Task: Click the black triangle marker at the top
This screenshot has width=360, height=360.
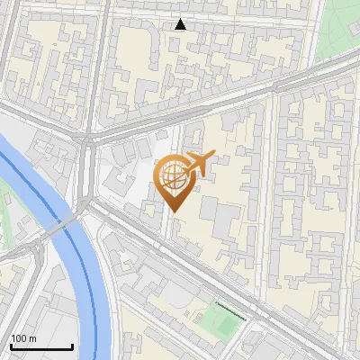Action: pyautogui.click(x=181, y=24)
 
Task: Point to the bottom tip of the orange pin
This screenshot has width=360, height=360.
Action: pyautogui.click(x=172, y=211)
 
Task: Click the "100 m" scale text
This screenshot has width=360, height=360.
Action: pyautogui.click(x=23, y=338)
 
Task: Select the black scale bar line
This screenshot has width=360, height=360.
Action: pyautogui.click(x=41, y=346)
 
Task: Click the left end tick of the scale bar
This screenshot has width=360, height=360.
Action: pyautogui.click(x=11, y=345)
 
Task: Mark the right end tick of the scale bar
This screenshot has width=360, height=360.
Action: pyautogui.click(x=72, y=345)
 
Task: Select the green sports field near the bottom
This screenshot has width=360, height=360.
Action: pyautogui.click(x=221, y=318)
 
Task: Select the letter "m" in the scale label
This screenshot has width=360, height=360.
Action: pyautogui.click(x=32, y=338)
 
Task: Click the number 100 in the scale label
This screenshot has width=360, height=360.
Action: pyautogui.click(x=19, y=338)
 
